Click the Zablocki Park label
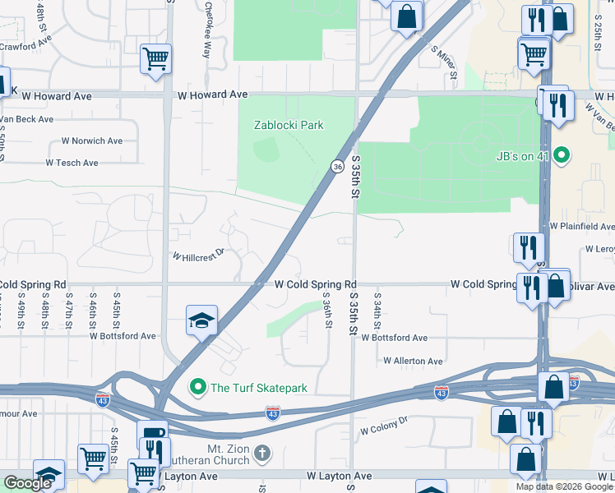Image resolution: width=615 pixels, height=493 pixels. (288, 125)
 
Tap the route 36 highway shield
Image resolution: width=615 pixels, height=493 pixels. (337, 166)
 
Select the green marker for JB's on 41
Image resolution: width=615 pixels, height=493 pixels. (562, 154)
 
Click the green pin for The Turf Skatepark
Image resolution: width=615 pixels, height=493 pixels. (198, 387)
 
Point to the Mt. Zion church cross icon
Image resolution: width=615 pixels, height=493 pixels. (261, 453)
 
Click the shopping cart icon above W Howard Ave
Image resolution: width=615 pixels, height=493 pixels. (155, 58)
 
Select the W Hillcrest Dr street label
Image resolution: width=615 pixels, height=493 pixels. (197, 255)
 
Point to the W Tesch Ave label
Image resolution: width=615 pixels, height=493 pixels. (72, 163)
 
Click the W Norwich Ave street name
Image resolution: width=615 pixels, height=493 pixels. (91, 141)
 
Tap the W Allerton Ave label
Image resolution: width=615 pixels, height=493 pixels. (413, 361)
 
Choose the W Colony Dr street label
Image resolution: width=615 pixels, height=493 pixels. (384, 426)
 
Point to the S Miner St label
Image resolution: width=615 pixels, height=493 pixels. (444, 62)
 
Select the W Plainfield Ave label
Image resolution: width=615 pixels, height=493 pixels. (582, 226)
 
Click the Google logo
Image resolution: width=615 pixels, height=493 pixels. (28, 483)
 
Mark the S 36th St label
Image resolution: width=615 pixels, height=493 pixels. (327, 311)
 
